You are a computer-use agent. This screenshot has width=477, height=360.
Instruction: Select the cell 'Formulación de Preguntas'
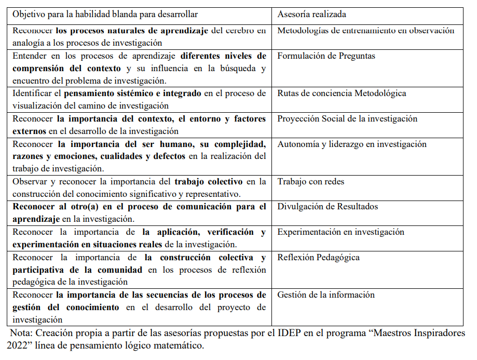[326, 56]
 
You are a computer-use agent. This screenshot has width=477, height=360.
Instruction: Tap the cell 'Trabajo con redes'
[310, 181]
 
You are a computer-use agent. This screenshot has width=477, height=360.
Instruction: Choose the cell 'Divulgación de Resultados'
[328, 206]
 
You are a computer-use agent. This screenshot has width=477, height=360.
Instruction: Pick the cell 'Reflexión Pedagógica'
[318, 257]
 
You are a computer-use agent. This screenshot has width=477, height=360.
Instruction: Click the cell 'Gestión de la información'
[325, 295]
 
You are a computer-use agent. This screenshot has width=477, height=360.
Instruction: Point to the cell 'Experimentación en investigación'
[340, 232]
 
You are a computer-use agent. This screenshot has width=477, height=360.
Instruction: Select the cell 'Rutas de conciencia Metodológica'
[342, 93]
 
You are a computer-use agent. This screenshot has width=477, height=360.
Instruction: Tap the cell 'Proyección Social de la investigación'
[347, 118]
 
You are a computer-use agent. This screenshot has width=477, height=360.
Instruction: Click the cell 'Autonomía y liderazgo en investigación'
[352, 144]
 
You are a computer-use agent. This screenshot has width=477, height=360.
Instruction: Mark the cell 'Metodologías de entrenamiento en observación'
[365, 30]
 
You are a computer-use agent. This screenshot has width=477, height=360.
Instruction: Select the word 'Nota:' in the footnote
[22, 333]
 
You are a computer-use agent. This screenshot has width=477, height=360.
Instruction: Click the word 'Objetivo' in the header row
[30, 15]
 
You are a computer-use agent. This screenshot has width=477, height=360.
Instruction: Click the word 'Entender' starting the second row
[30, 56]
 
